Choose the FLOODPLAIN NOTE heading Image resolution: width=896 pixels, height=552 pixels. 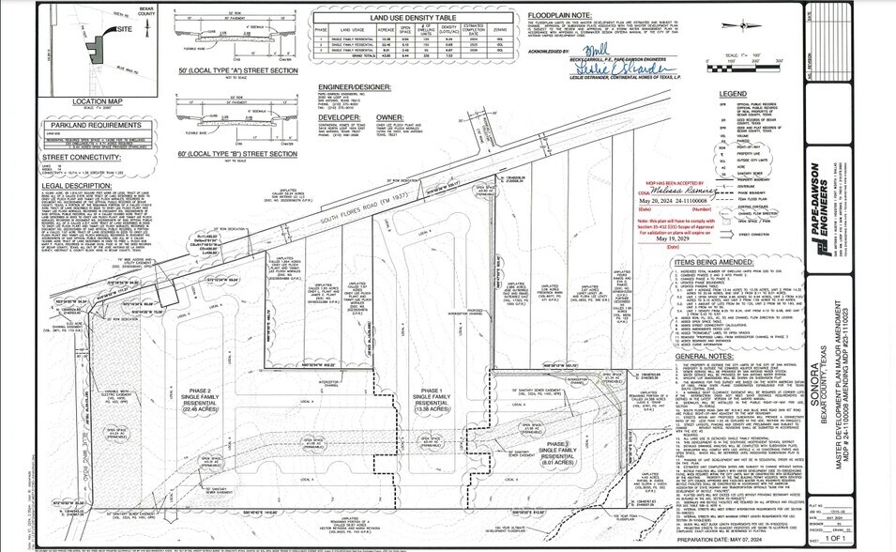(x=563, y=15)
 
